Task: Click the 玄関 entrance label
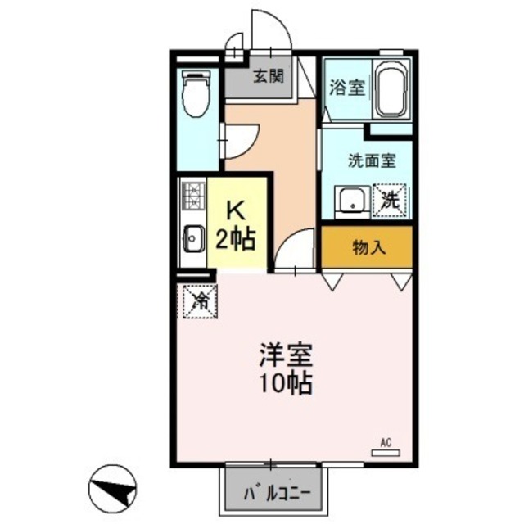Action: pyautogui.click(x=268, y=78)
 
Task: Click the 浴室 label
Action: pyautogui.click(x=347, y=87)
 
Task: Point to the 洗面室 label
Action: pyautogui.click(x=372, y=160)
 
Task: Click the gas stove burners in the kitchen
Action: pyautogui.click(x=193, y=196)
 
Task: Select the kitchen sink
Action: pyautogui.click(x=193, y=240)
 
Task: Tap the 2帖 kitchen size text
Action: pyautogui.click(x=236, y=239)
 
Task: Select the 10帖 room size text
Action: pyautogui.click(x=287, y=383)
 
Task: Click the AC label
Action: pyautogui.click(x=386, y=443)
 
